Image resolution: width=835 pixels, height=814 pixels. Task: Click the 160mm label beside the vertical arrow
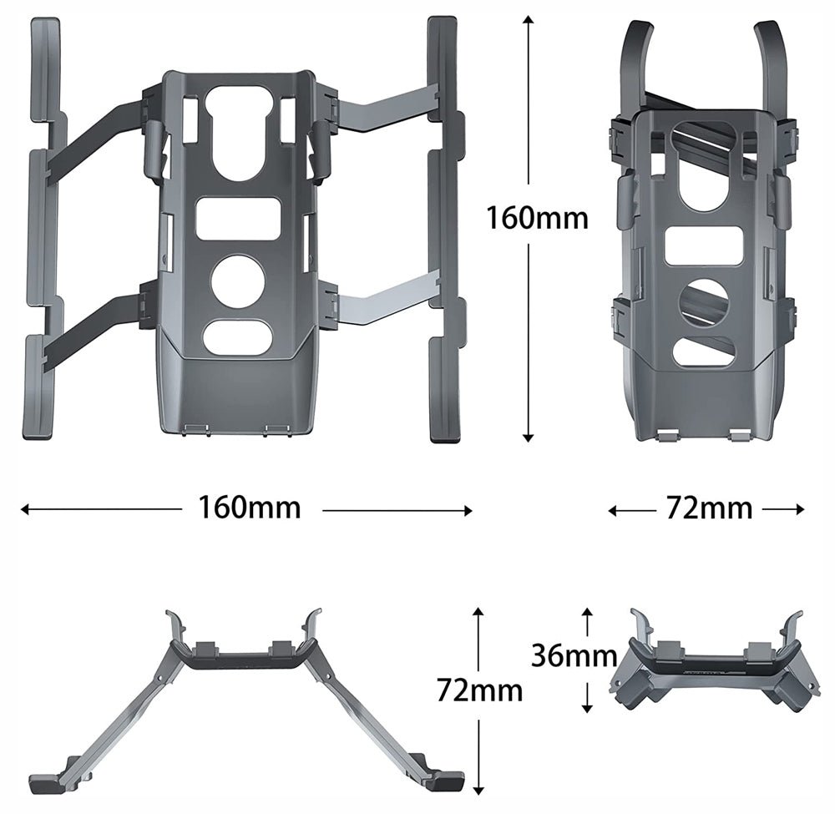pyautogui.click(x=538, y=219)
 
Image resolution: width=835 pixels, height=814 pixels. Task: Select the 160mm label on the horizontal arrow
pyautogui.click(x=249, y=507)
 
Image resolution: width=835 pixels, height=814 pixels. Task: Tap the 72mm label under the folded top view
pyautogui.click(x=709, y=508)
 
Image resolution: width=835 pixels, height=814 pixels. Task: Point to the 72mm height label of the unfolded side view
pyautogui.click(x=480, y=690)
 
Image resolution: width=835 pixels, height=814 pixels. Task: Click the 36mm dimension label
pyautogui.click(x=574, y=656)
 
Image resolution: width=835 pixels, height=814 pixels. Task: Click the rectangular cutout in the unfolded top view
pyautogui.click(x=238, y=219)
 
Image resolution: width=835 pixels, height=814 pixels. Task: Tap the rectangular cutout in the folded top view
pyautogui.click(x=704, y=247)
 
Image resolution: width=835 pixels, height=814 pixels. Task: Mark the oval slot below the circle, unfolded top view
pyautogui.click(x=238, y=336)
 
